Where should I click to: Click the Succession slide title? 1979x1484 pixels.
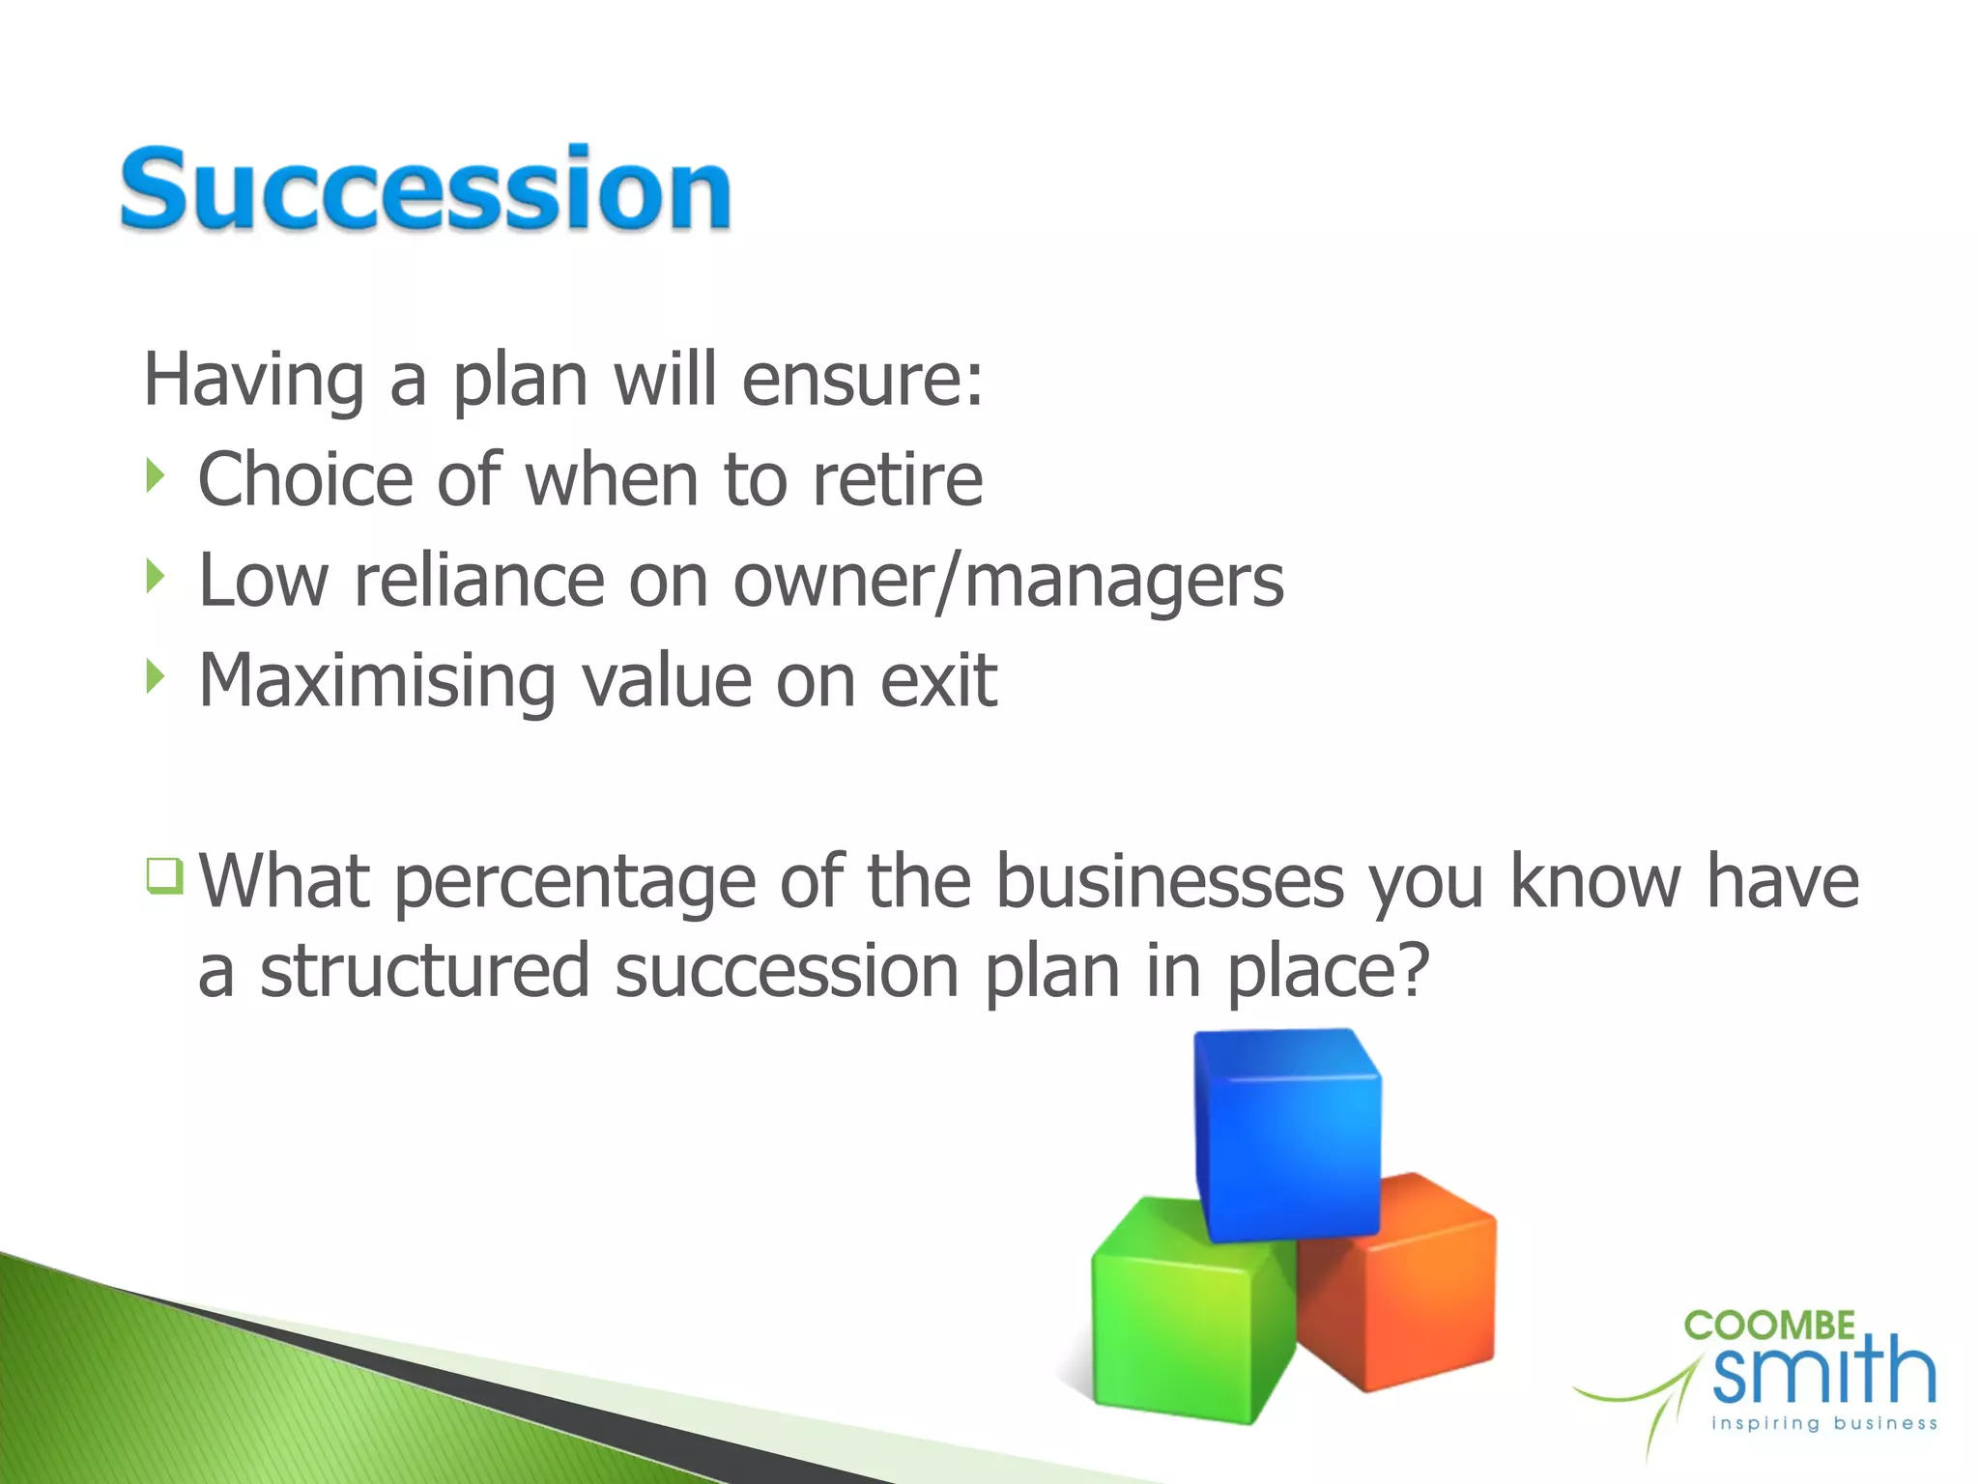coord(425,188)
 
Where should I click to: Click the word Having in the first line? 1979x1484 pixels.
coord(253,380)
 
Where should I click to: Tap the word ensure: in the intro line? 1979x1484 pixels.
coord(862,380)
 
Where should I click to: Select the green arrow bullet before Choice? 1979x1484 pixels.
coord(156,475)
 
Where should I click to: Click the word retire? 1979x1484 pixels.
coord(897,480)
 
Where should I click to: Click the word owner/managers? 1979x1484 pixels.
coord(1008,582)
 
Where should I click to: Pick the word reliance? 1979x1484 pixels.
coord(478,581)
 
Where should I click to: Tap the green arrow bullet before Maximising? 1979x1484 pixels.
coord(156,676)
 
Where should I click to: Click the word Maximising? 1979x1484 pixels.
coord(376,682)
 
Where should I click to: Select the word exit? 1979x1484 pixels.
coord(937,681)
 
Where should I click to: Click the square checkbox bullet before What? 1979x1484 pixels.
coord(165,875)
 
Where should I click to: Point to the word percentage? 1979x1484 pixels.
coord(574,883)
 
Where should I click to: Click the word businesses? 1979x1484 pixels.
coord(1169,881)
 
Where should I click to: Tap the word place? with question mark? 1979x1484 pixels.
coord(1327,972)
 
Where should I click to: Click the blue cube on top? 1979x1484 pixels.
coord(1287,1135)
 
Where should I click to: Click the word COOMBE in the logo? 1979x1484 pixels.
coord(1769,1326)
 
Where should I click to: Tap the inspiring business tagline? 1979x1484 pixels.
coord(1823,1423)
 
